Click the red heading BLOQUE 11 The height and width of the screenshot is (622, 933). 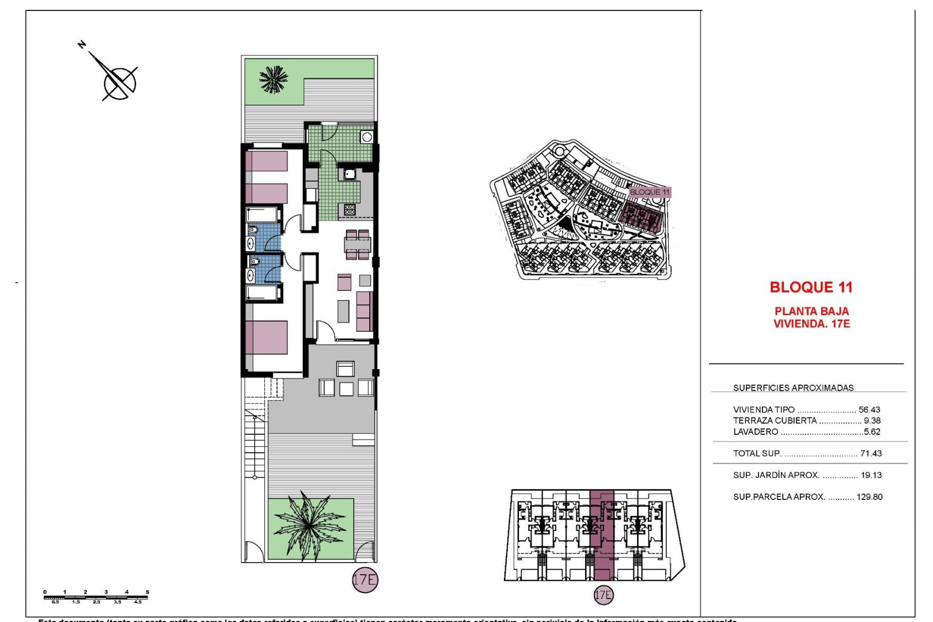click(811, 287)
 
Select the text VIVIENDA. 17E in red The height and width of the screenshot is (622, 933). click(811, 324)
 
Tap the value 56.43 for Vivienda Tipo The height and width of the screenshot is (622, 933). click(869, 409)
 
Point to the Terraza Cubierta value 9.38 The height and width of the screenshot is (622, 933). click(872, 420)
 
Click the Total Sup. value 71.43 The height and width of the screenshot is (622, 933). click(871, 453)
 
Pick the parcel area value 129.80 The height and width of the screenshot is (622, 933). click(869, 496)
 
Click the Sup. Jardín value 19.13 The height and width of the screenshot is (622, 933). click(871, 475)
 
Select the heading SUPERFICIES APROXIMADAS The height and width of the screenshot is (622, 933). click(793, 388)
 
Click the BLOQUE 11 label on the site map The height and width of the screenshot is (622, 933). click(650, 192)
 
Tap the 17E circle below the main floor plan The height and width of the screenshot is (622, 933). click(365, 579)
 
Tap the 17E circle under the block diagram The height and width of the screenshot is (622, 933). click(603, 594)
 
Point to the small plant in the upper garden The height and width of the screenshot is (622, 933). click(273, 79)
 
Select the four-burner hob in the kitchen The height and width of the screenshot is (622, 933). click(350, 210)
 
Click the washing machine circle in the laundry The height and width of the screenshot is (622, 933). click(367, 137)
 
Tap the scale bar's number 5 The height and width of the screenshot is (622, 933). click(147, 592)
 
